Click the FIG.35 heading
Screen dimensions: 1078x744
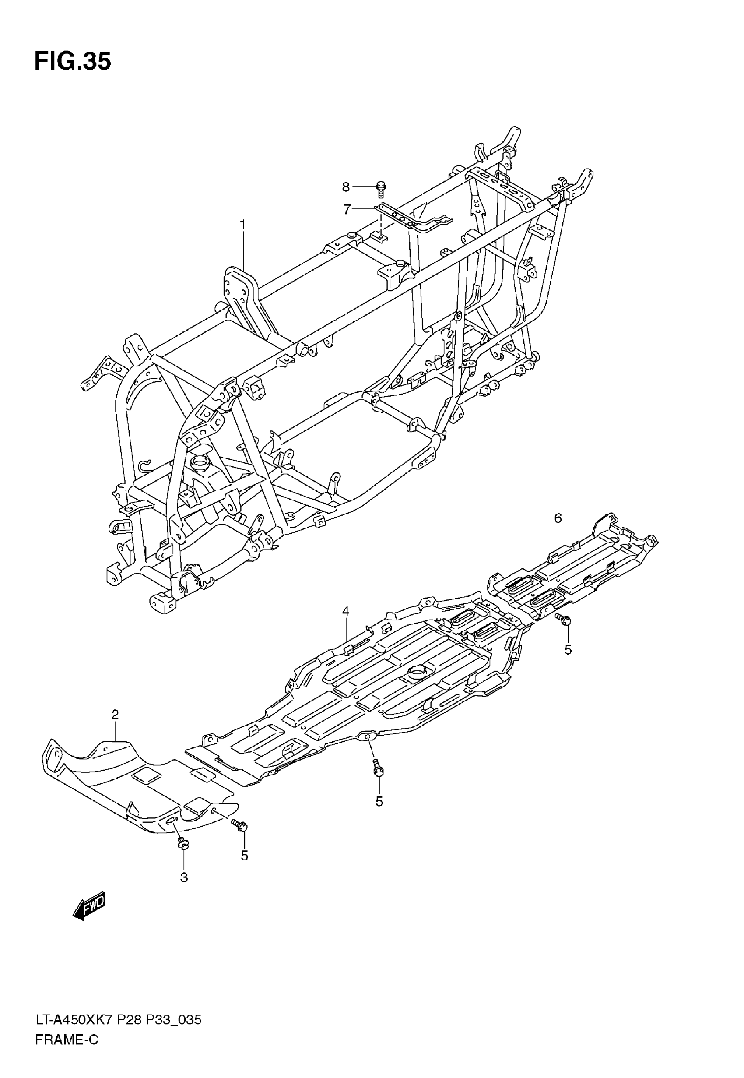point(73,62)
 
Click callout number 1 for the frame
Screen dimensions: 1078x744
point(242,225)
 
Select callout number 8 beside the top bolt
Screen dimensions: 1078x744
point(345,187)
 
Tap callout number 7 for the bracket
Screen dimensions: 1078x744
point(347,210)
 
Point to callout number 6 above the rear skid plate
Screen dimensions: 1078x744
point(558,518)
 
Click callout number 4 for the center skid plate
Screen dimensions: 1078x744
point(345,611)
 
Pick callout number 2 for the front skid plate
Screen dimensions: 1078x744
point(115,715)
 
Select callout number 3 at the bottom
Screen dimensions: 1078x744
point(184,877)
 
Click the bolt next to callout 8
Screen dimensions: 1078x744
point(380,188)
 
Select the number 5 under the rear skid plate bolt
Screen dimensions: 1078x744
point(568,649)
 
